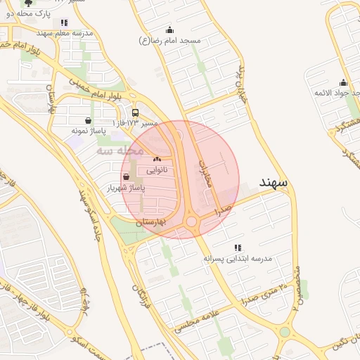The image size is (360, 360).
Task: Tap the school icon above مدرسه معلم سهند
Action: click(65, 22)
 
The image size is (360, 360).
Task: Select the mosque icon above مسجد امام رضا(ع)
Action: click(169, 30)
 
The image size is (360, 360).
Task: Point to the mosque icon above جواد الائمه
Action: click(343, 82)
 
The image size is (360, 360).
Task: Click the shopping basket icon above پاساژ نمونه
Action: click(87, 120)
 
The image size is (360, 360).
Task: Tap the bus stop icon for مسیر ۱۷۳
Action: click(135, 112)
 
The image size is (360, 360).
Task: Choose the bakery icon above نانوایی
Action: click(156, 160)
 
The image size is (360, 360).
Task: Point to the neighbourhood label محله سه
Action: click(120, 150)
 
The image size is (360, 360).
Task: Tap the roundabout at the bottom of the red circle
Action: click(191, 223)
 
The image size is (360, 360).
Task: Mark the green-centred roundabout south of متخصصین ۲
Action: click(285, 332)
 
